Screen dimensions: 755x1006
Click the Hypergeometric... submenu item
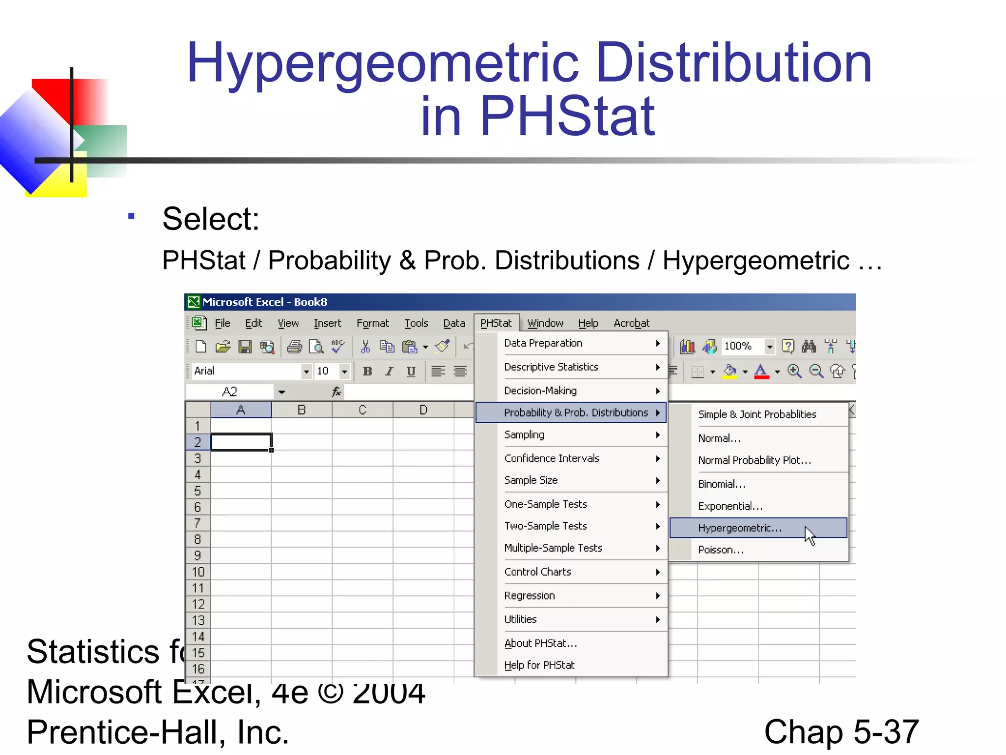(x=739, y=528)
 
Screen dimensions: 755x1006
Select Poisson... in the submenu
(x=721, y=550)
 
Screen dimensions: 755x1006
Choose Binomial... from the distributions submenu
(x=722, y=484)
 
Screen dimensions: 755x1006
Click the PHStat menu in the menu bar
(x=496, y=323)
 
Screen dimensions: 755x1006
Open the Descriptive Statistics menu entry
(x=551, y=367)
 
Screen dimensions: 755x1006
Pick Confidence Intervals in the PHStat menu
(x=552, y=459)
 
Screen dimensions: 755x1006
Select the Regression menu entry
(x=530, y=596)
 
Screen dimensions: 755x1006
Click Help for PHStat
(x=539, y=666)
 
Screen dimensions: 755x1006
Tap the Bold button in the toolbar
(x=367, y=371)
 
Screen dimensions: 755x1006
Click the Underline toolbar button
(x=411, y=371)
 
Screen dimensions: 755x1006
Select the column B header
(x=302, y=410)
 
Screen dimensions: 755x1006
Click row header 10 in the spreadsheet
(x=198, y=572)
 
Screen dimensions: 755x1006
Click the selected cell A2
(x=241, y=442)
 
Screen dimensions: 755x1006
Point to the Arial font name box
(x=246, y=371)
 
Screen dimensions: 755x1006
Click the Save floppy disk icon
(x=245, y=347)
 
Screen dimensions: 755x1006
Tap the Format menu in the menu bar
(x=372, y=323)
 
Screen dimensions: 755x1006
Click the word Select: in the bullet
(x=211, y=219)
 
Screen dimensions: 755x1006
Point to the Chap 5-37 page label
(x=841, y=732)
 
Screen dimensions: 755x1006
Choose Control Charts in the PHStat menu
(x=537, y=572)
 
